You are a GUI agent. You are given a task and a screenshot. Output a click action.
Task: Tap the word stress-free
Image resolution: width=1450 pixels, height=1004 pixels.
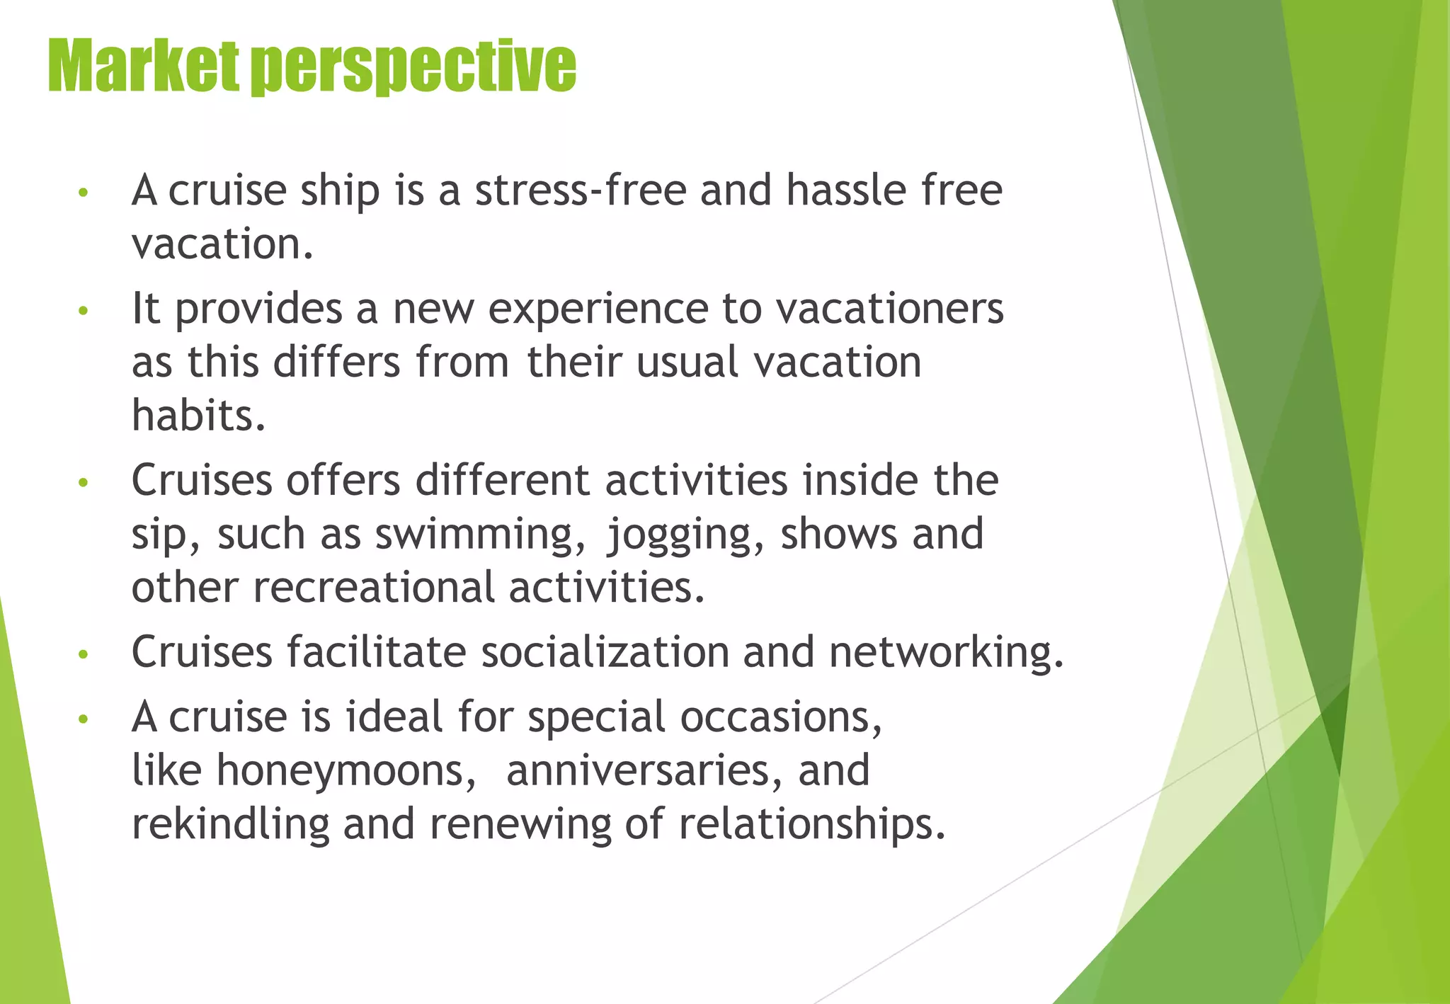(x=581, y=190)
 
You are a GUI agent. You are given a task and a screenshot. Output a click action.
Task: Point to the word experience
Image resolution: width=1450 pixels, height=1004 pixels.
(x=598, y=309)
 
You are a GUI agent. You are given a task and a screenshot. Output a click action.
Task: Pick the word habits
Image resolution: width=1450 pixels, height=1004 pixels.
(x=199, y=415)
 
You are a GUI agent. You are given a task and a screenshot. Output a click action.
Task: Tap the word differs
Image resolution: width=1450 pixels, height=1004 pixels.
(x=336, y=362)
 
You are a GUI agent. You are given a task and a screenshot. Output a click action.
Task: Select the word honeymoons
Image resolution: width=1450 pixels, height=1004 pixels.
(x=347, y=770)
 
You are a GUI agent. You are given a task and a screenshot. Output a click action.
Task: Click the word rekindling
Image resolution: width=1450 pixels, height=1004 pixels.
(x=231, y=824)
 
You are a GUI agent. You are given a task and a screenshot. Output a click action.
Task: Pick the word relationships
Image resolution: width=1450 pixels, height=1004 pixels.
(x=812, y=824)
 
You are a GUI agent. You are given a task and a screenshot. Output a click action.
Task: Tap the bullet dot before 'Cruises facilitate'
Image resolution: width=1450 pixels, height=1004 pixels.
(x=84, y=655)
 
